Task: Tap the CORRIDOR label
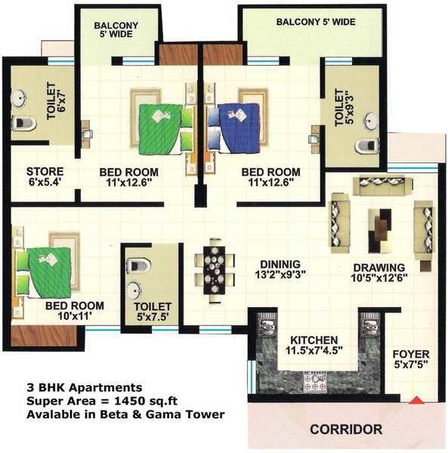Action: (x=345, y=430)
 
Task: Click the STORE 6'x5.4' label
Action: (x=45, y=177)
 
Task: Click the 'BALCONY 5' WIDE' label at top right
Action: (x=315, y=22)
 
